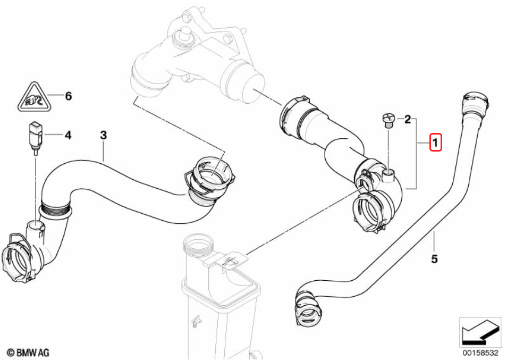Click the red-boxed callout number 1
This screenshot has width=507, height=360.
[435, 143]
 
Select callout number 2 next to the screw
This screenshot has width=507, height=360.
[408, 120]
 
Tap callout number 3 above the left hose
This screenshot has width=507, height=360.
[103, 136]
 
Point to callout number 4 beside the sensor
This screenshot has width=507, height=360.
[67, 136]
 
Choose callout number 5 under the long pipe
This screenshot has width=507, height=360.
[434, 259]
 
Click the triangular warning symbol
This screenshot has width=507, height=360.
[33, 98]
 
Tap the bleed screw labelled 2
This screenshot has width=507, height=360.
[388, 120]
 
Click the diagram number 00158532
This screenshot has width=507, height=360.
[480, 352]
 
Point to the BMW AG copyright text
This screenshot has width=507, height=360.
[28, 352]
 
